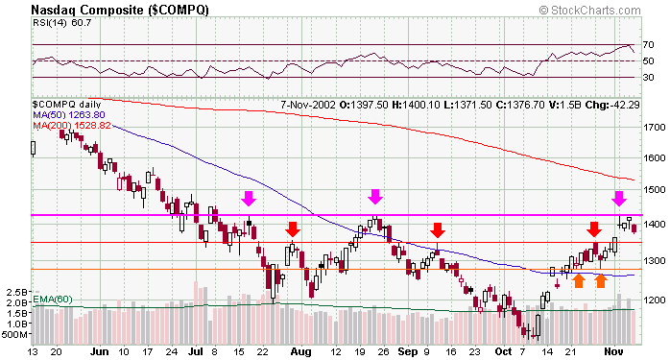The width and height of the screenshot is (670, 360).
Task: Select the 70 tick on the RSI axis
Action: coord(649,44)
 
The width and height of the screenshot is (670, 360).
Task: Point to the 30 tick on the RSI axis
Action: coord(649,78)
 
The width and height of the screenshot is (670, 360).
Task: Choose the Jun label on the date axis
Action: coord(99,351)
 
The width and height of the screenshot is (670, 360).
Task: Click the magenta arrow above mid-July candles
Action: coord(249,199)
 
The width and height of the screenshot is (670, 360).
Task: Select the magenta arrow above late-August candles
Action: coord(375,197)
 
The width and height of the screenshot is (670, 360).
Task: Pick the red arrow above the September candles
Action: coord(437,229)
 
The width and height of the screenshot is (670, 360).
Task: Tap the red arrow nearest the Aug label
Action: coord(293,229)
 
